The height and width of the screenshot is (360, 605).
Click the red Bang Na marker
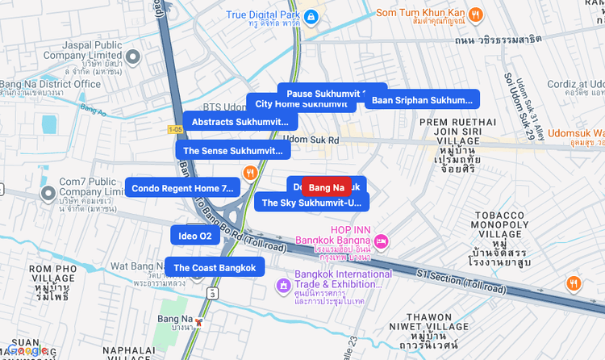point(326,188)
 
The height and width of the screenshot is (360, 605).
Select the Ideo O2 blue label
point(194,236)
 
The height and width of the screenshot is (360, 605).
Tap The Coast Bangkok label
point(215,268)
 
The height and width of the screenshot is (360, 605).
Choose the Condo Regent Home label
point(182,188)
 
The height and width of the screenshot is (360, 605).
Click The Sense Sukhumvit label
point(232,150)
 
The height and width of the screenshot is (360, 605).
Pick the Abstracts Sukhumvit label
point(240,122)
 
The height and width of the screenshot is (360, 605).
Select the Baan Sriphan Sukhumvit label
point(422,100)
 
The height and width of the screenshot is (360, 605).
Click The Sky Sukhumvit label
point(311,203)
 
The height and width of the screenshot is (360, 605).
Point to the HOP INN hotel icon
point(382,241)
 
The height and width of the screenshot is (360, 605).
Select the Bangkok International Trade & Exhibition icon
point(283,285)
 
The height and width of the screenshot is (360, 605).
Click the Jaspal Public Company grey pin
point(134,57)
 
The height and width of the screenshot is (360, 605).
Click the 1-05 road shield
point(175,130)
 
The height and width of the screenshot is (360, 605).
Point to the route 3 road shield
point(212,293)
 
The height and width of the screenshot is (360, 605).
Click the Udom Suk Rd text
point(311,140)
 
